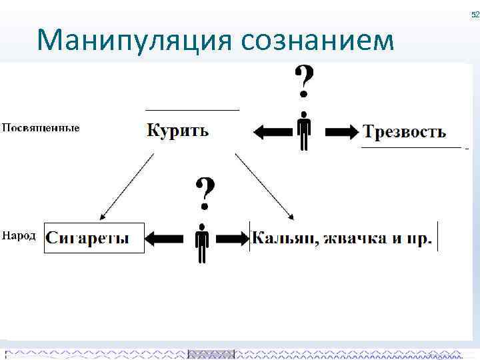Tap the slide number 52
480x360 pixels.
coord(475,15)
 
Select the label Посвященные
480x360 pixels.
coord(41,127)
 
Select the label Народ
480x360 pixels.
coord(19,236)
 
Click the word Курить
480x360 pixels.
coord(177,130)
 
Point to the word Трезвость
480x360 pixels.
coord(404,131)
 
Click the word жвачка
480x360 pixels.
coord(349,238)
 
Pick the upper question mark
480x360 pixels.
coord(305,81)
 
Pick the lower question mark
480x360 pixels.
coord(205,192)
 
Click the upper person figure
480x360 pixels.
coord(304,131)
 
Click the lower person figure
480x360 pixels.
coord(203,242)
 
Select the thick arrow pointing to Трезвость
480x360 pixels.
coord(339,133)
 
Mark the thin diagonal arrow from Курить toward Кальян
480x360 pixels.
coord(263,187)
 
